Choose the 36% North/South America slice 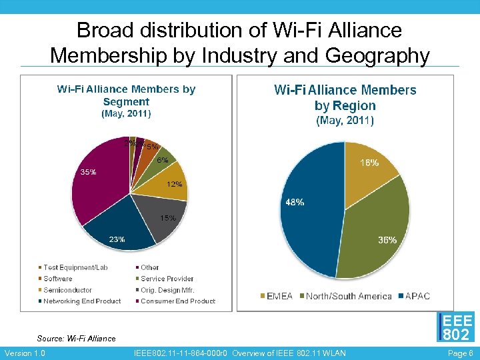point(377,227)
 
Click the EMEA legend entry point(275,296)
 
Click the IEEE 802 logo point(455,327)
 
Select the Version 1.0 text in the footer point(25,353)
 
